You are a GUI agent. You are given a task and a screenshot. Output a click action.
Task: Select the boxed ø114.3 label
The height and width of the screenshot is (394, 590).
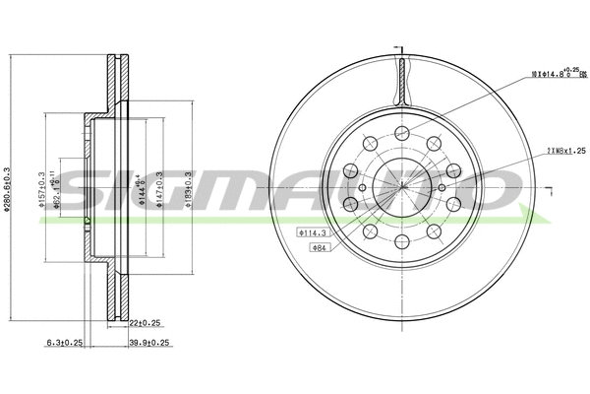tap(312, 232)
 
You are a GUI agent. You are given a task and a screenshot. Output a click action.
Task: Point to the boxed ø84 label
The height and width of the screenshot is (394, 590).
tap(319, 247)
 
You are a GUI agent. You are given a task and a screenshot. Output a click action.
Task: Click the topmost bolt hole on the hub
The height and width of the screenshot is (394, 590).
tap(402, 132)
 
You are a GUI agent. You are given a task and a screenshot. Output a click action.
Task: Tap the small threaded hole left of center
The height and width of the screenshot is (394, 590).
tap(363, 186)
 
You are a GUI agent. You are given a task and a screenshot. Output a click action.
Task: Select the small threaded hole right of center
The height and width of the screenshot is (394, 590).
tap(442, 186)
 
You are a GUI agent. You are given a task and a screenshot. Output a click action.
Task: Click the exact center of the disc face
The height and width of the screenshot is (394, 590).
tap(402, 186)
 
